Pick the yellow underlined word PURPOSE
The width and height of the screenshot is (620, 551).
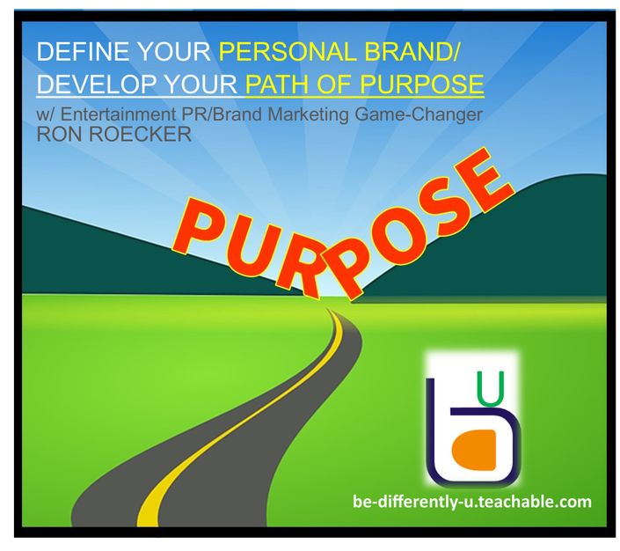422,84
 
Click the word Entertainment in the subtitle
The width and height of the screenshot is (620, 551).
118,114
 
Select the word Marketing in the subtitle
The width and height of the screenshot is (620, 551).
309,115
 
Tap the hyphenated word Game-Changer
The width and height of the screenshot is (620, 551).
419,115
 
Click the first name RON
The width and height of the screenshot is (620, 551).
60,134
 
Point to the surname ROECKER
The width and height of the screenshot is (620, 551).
141,134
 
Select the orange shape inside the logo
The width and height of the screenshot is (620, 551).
475,450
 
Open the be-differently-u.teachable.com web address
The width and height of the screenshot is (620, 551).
471,502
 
